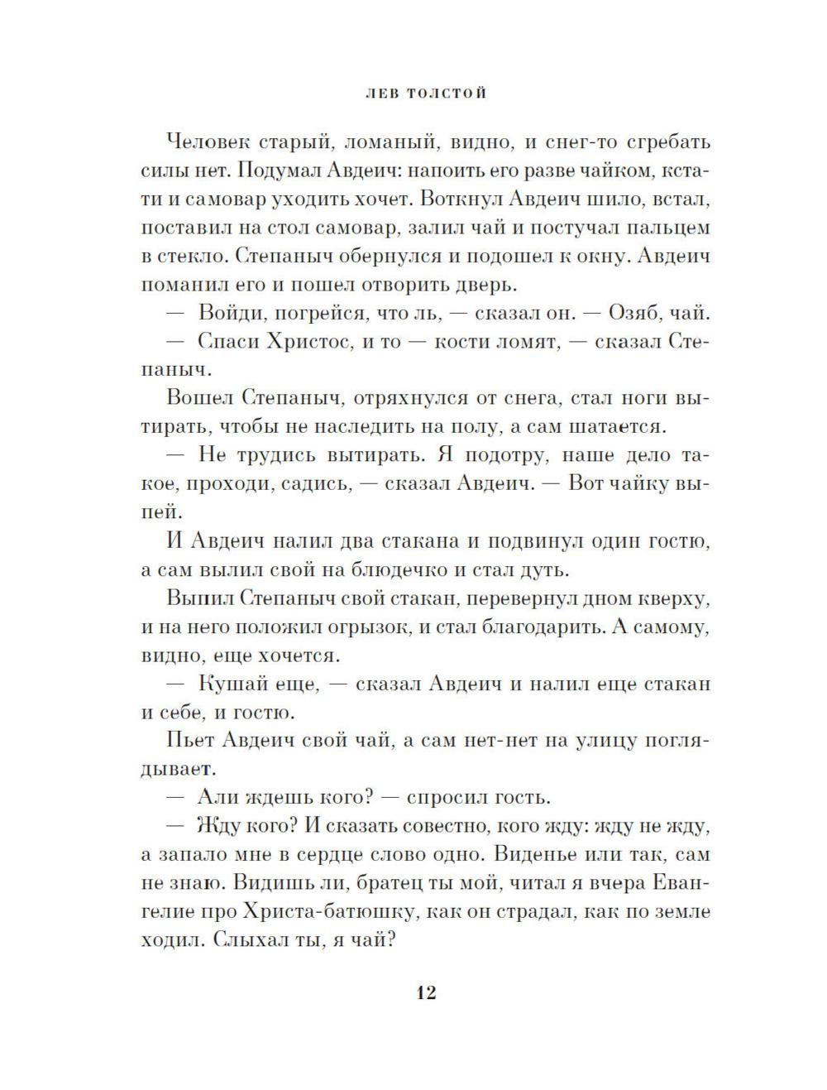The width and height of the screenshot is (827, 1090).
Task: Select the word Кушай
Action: (233, 684)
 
